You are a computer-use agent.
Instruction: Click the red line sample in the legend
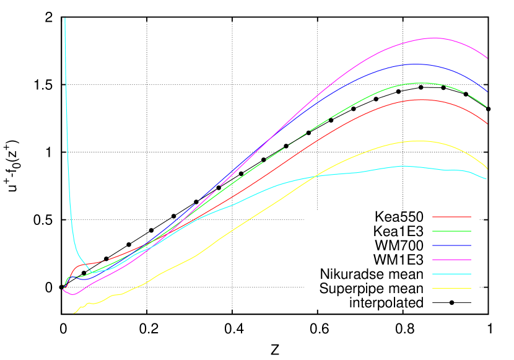click(x=451, y=217)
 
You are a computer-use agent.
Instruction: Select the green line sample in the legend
click(x=451, y=231)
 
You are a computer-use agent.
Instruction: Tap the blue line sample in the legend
click(x=451, y=245)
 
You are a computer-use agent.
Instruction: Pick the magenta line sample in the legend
click(x=451, y=260)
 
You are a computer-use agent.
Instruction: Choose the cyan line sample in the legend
click(x=451, y=274)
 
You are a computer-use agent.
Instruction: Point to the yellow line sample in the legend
click(x=451, y=288)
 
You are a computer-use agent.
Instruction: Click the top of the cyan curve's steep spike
click(x=65, y=19)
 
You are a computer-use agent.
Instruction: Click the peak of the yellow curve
click(x=419, y=141)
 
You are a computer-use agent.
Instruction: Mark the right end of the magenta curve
click(x=487, y=58)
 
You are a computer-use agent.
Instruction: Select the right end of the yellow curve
click(x=487, y=169)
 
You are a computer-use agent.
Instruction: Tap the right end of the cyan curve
click(x=487, y=179)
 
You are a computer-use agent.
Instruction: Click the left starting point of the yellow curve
click(x=74, y=314)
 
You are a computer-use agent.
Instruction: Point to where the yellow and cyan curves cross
click(x=316, y=177)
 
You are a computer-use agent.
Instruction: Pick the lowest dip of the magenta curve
click(x=72, y=294)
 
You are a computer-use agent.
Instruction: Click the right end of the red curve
click(x=487, y=124)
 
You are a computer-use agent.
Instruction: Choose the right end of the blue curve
click(x=487, y=92)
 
